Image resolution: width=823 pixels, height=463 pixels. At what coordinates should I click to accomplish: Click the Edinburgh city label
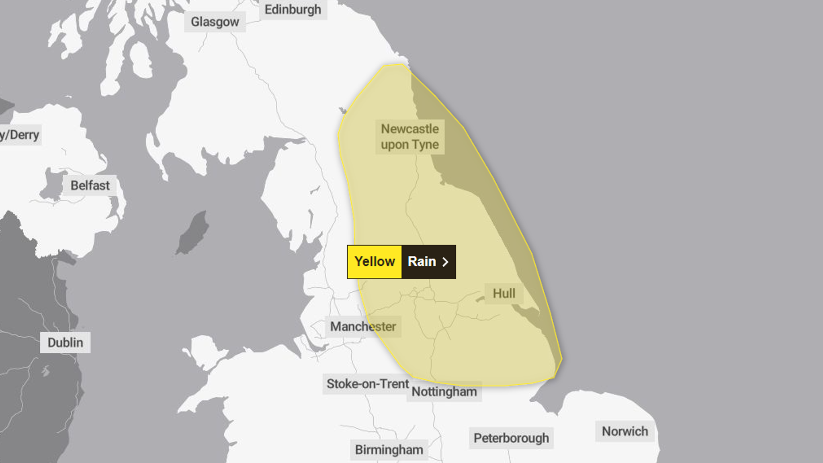click(x=293, y=10)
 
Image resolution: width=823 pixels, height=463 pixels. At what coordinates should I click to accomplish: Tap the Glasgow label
click(x=215, y=22)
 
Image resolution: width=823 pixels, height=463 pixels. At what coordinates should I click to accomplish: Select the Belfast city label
click(x=90, y=186)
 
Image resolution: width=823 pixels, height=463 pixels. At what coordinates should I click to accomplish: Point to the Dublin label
click(x=66, y=342)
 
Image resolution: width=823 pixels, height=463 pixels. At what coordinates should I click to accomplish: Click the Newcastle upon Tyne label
click(x=410, y=137)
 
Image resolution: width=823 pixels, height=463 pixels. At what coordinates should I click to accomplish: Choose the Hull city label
click(x=504, y=293)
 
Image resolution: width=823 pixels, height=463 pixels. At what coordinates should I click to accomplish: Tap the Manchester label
click(x=363, y=326)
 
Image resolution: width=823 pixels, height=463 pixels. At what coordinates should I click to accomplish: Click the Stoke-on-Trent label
click(x=368, y=384)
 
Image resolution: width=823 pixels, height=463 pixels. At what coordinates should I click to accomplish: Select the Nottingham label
click(x=444, y=391)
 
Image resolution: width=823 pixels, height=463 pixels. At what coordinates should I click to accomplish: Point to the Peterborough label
click(x=511, y=438)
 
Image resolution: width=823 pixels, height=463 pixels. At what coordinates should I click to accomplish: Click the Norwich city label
click(x=625, y=431)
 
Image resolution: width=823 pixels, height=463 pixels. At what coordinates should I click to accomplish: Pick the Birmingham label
click(x=389, y=450)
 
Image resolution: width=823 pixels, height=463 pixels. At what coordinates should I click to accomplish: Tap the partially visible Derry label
click(x=20, y=135)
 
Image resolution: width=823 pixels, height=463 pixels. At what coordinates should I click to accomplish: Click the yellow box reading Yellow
click(x=375, y=262)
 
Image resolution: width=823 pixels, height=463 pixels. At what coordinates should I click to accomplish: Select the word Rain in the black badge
click(x=422, y=262)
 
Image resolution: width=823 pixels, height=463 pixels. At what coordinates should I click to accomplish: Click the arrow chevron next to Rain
click(x=445, y=262)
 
